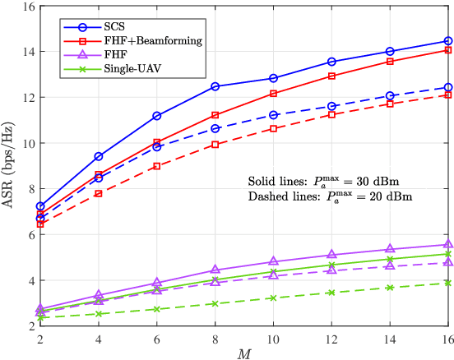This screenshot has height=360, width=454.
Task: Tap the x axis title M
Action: click(244, 353)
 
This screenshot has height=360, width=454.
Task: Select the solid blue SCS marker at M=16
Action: click(448, 40)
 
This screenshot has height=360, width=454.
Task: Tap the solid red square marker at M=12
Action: click(331, 76)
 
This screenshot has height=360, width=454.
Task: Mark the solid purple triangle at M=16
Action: click(448, 244)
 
